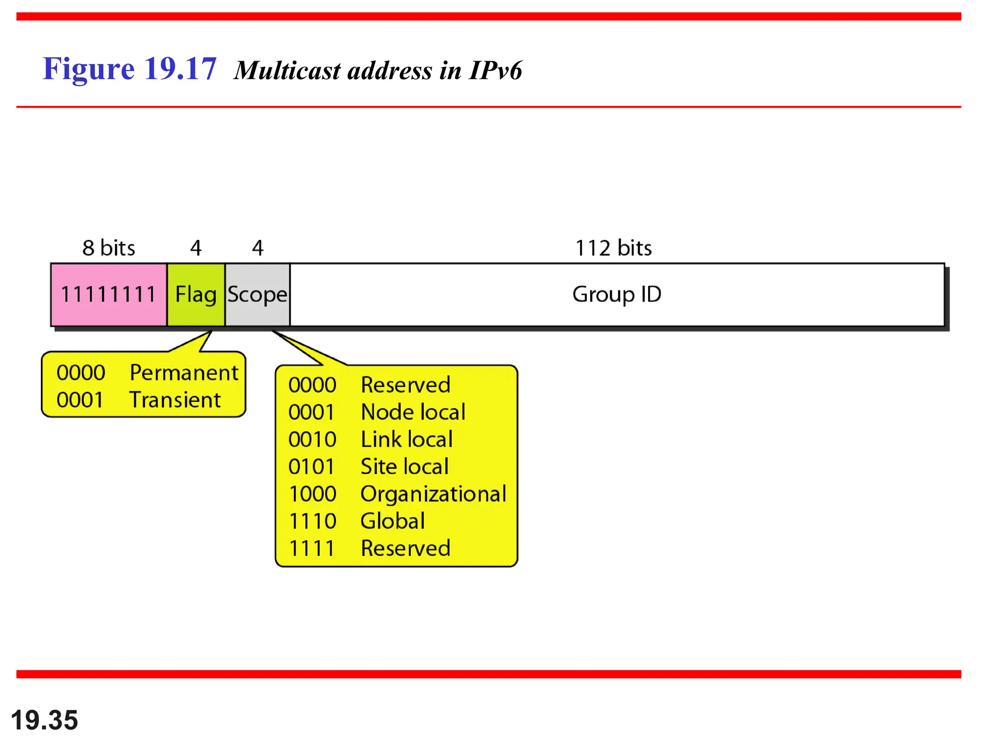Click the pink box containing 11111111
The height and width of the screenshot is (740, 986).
click(x=109, y=294)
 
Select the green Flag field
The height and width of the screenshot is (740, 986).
click(x=196, y=294)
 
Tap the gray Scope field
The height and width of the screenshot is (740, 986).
click(x=258, y=294)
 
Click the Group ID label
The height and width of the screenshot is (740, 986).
click(x=617, y=294)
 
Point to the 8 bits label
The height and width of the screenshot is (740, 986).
click(x=109, y=248)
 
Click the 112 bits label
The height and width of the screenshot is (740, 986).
click(x=613, y=248)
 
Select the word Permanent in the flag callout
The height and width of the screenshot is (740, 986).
click(x=184, y=373)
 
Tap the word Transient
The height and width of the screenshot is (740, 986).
click(x=175, y=400)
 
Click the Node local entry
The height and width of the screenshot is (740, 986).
click(x=413, y=412)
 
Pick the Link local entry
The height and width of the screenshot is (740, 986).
click(x=407, y=439)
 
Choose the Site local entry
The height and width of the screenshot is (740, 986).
click(x=404, y=467)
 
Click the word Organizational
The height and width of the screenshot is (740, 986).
click(x=433, y=494)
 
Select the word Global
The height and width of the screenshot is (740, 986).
click(x=393, y=521)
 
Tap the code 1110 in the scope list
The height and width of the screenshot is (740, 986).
click(x=312, y=521)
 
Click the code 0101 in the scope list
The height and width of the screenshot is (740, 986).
click(x=311, y=467)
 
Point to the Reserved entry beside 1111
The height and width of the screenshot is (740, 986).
click(x=405, y=549)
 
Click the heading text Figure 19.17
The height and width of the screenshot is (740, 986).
click(x=130, y=69)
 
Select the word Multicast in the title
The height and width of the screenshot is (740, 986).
click(x=287, y=71)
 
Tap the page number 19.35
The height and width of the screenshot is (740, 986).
click(x=44, y=720)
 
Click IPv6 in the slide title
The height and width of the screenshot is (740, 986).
click(x=495, y=71)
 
